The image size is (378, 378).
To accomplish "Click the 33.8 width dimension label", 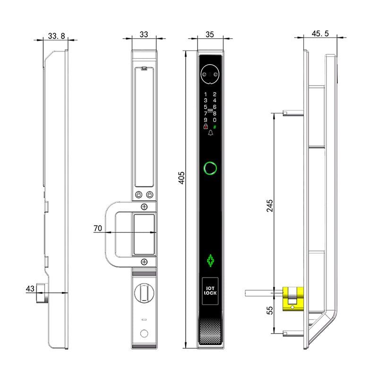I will click(x=56, y=36).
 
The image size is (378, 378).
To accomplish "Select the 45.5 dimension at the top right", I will click(x=320, y=34).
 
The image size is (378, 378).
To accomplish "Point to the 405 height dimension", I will click(x=182, y=177).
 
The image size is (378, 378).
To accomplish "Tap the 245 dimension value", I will click(x=270, y=206).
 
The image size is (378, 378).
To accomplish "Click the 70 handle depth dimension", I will click(x=98, y=228).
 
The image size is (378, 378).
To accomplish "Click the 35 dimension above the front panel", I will click(x=210, y=34).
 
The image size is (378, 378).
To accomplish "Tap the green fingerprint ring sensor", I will click(x=210, y=168).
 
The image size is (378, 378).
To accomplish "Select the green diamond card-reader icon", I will click(x=210, y=261).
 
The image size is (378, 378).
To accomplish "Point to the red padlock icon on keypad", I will click(x=206, y=127).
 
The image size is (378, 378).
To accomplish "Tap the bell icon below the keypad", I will click(x=210, y=134).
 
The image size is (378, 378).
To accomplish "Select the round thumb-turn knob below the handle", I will click(x=144, y=293).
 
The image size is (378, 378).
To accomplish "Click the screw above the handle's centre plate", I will click(x=144, y=206).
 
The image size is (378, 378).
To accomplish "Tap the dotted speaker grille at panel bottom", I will click(x=210, y=333).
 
